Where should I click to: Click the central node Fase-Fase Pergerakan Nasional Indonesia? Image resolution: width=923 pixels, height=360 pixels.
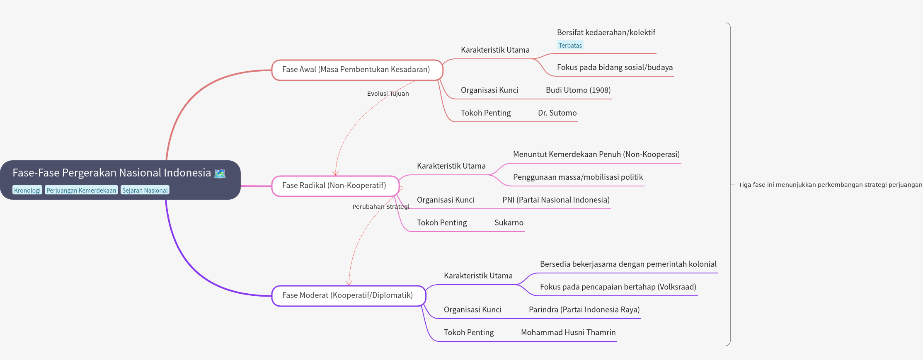pos(112,173)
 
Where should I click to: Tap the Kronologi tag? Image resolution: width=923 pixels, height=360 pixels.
pos(27,190)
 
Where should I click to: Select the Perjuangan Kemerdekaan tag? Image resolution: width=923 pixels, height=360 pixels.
pos(81,190)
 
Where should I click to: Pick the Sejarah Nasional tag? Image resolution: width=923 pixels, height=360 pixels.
pos(145,190)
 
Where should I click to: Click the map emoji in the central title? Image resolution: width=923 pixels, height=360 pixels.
pos(220,174)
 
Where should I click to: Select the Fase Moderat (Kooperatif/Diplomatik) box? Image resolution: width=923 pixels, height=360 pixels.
pos(348,295)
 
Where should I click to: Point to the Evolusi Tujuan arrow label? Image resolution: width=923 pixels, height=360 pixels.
pos(388,94)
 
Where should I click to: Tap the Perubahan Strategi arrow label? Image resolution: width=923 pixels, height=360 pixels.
pos(380,207)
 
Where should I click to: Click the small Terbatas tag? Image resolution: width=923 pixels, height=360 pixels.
pos(570,46)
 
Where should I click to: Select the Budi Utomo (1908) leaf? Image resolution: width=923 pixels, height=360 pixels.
pos(578,90)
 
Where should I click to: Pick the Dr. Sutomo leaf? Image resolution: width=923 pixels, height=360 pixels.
pos(557,113)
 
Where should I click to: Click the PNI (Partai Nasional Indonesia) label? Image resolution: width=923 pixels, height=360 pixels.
pos(556,200)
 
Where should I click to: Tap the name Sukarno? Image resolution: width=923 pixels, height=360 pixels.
pos(509,223)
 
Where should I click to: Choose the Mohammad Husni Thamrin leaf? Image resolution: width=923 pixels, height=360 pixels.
pos(568,333)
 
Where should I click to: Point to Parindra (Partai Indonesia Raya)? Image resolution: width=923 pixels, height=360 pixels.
pos(584,310)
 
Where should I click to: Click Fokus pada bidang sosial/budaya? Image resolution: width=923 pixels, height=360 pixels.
pos(615,68)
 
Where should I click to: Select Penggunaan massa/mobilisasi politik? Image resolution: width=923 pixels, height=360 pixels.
pos(578,177)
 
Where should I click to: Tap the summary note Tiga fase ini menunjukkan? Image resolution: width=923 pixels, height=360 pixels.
pos(830,185)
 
